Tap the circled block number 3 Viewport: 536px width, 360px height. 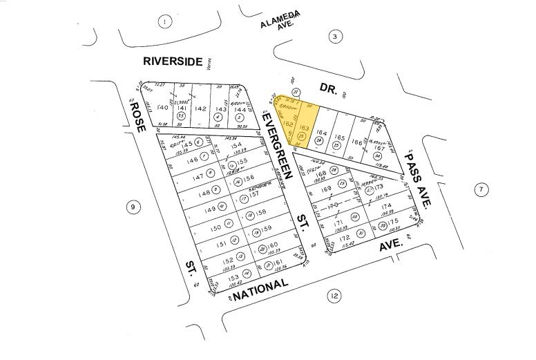[x=335, y=37]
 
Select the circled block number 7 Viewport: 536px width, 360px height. [x=481, y=189]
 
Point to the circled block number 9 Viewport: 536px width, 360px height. [x=133, y=207]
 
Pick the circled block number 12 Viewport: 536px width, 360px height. [x=334, y=296]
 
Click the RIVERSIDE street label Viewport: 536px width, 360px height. [x=173, y=61]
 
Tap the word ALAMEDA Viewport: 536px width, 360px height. [x=280, y=23]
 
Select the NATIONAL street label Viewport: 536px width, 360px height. [x=260, y=289]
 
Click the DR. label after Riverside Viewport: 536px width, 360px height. [x=326, y=88]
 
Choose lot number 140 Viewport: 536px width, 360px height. [x=163, y=108]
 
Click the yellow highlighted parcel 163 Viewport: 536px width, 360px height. [x=303, y=129]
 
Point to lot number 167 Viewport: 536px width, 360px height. [x=379, y=147]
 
